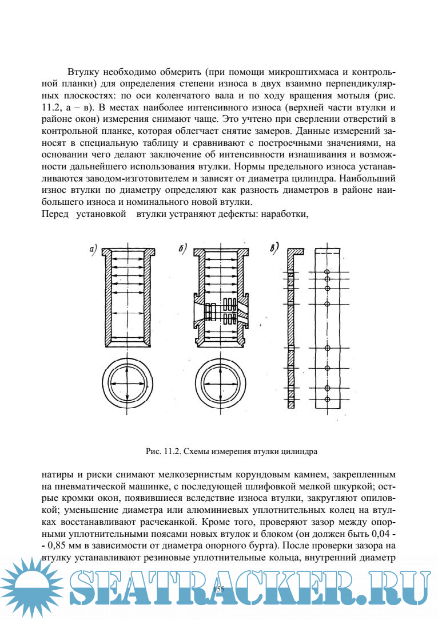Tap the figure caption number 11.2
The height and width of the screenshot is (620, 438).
click(170, 451)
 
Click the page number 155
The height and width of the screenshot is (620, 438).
click(218, 589)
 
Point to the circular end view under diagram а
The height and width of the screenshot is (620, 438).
click(125, 383)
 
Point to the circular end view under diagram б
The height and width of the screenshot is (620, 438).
click(220, 383)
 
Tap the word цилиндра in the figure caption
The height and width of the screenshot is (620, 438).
click(298, 451)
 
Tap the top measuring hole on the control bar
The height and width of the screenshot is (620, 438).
click(327, 271)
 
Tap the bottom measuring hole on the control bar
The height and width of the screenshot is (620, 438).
click(327, 398)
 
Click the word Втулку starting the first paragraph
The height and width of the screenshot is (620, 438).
click(84, 73)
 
